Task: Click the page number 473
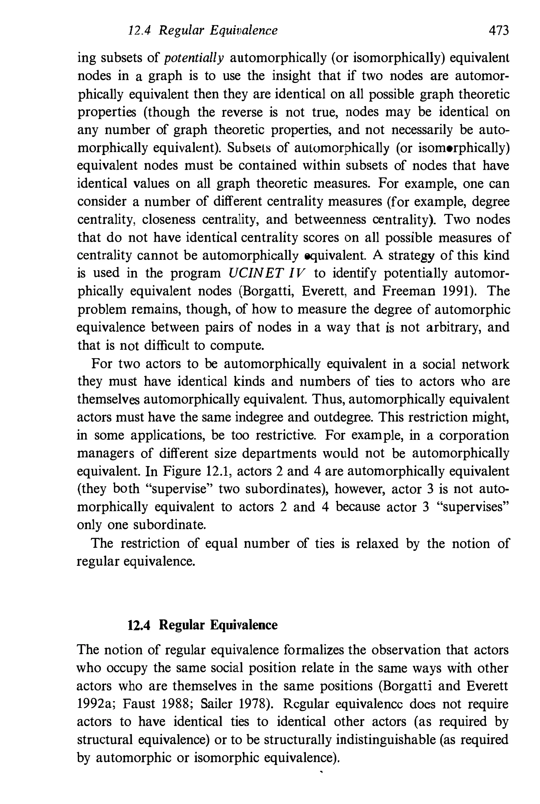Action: [498, 31]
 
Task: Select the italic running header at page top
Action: [202, 31]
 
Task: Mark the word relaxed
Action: [377, 543]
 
